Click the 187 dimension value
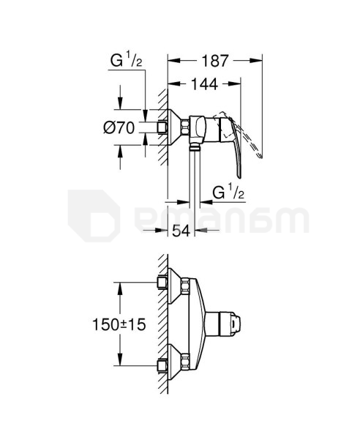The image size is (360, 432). (x=215, y=61)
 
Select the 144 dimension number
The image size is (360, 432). (x=204, y=84)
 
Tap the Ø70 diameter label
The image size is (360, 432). (x=119, y=128)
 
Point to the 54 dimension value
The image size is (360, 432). (x=181, y=231)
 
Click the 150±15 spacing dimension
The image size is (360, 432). (x=119, y=324)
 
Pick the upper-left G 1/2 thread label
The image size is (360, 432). (x=126, y=61)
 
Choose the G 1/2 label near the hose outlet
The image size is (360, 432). (x=228, y=193)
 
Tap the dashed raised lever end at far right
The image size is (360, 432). (x=259, y=155)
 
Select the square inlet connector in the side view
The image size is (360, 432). (x=162, y=127)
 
